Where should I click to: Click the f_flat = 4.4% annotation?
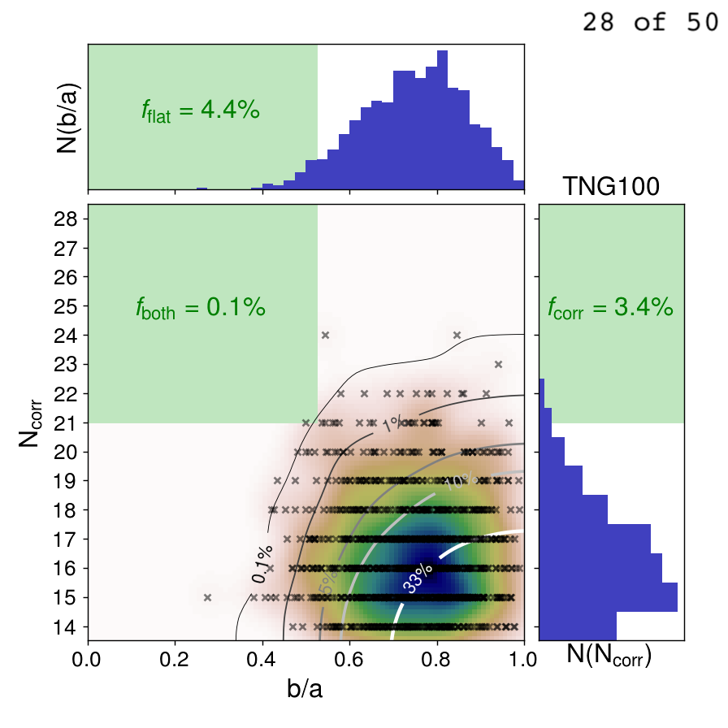tap(201, 111)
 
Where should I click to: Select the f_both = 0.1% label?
tap(201, 308)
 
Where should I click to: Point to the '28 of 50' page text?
tap(649, 23)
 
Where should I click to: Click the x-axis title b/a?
tap(305, 689)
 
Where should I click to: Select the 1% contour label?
tap(392, 424)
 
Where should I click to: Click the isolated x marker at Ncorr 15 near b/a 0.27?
tap(207, 597)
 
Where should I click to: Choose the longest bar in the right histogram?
tap(609, 597)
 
